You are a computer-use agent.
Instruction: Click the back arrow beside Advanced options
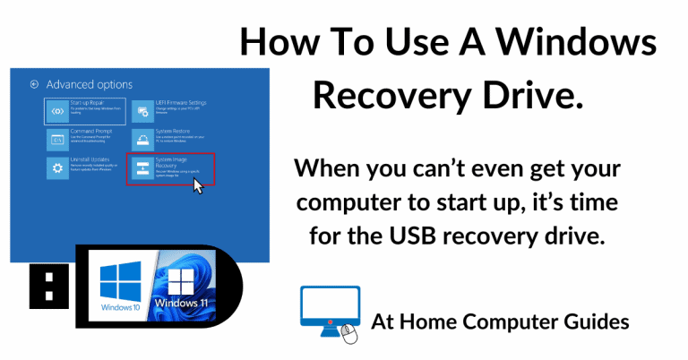[34, 84]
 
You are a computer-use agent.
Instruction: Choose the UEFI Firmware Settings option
[170, 109]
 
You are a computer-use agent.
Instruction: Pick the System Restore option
[170, 138]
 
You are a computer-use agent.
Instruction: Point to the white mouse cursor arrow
[198, 184]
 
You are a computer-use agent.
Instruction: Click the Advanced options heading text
[90, 84]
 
